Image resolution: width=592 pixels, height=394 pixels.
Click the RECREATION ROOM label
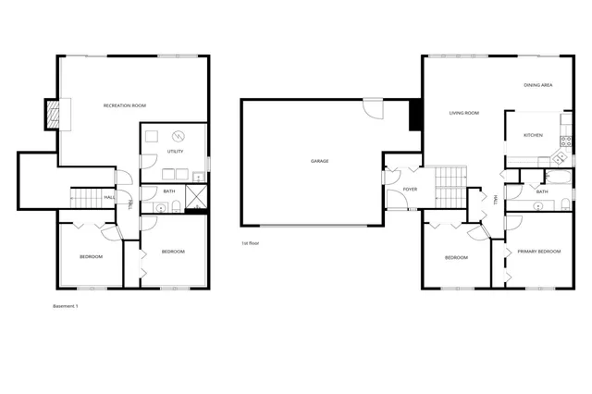(125, 106)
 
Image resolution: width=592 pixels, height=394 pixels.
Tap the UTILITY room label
(174, 151)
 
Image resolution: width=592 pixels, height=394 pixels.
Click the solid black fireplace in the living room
(416, 113)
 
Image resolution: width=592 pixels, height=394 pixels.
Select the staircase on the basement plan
(86, 198)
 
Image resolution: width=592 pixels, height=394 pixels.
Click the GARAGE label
(319, 161)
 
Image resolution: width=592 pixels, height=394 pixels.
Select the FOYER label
(410, 190)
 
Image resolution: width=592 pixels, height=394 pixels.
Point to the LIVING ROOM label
(463, 113)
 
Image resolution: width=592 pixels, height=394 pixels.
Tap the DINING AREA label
(537, 85)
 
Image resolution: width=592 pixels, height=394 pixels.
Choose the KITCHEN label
(533, 135)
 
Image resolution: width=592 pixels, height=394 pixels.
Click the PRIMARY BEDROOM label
(538, 252)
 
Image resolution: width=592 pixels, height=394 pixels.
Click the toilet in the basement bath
(149, 209)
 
